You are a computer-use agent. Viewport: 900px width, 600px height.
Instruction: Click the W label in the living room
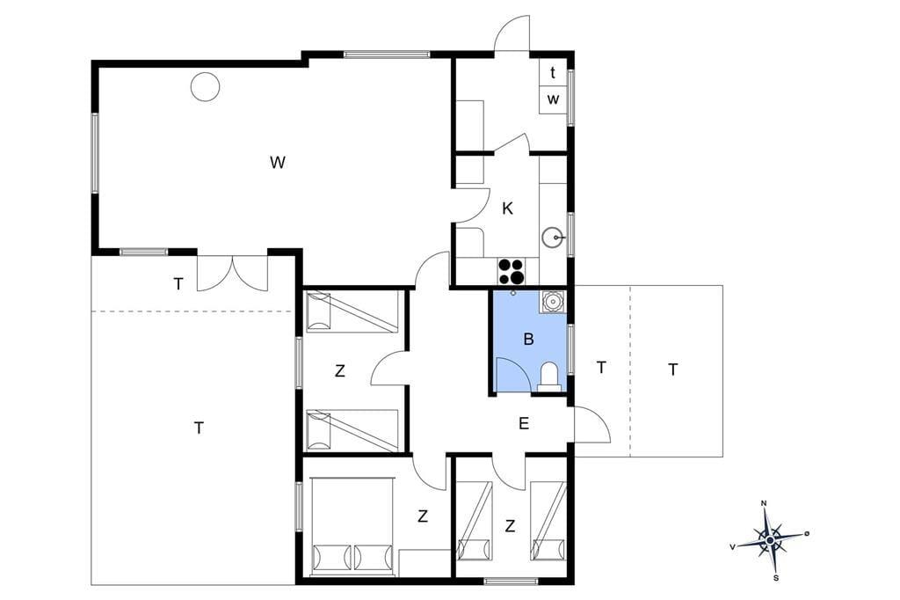click(277, 163)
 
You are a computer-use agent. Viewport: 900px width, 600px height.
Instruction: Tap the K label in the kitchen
click(507, 209)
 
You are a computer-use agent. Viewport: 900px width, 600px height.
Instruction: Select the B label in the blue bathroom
click(528, 339)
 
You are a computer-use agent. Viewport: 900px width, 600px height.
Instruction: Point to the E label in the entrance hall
click(524, 423)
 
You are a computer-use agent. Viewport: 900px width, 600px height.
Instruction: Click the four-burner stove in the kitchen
click(511, 271)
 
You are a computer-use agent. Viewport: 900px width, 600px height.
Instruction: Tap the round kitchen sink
click(553, 238)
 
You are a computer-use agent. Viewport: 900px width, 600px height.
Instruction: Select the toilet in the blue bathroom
click(549, 377)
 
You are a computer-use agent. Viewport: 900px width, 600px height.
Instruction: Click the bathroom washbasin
click(552, 302)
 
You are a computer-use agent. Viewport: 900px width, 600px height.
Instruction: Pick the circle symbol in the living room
click(205, 87)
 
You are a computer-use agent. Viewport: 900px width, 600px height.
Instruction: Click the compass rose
click(769, 539)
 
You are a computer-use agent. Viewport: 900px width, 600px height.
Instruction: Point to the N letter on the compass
click(764, 503)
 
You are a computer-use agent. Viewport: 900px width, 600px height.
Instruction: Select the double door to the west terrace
click(232, 274)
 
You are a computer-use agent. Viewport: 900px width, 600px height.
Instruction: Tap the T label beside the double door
click(178, 284)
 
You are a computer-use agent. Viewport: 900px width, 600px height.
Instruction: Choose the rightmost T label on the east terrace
click(672, 370)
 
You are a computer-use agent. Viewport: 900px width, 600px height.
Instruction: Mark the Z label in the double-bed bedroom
click(423, 516)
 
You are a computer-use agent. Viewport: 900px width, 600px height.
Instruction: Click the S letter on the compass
click(775, 578)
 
